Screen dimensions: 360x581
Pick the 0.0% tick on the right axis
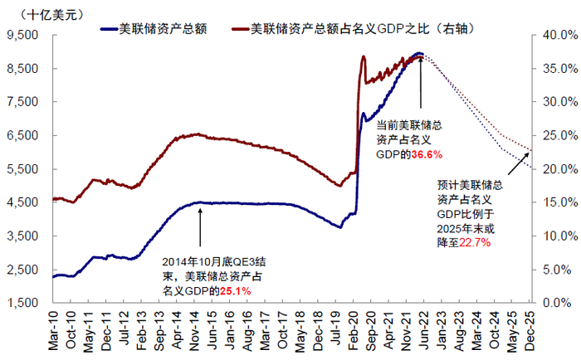[x=553, y=302]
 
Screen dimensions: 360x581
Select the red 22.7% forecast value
[x=474, y=243]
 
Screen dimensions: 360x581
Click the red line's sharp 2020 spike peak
[x=364, y=56]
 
